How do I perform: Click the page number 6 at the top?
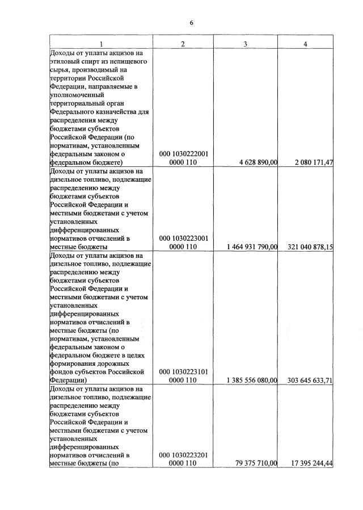[x=192, y=22]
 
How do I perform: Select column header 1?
[x=100, y=45]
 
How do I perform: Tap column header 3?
[x=244, y=45]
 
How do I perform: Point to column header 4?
[x=306, y=45]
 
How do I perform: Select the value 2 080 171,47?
[x=314, y=162]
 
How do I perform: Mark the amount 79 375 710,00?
[x=256, y=464]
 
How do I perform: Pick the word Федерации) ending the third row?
[x=66, y=380]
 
